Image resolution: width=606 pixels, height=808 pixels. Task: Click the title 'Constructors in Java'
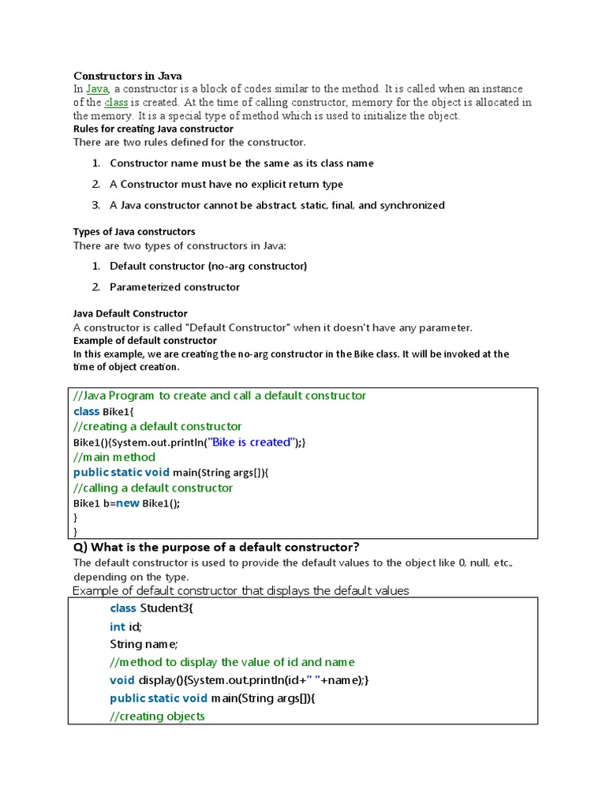[x=128, y=76]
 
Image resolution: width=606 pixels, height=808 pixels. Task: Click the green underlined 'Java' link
[x=97, y=89]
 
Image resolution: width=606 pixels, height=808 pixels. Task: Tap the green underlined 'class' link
[x=116, y=103]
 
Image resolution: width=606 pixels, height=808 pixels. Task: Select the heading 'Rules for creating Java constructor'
[x=153, y=129]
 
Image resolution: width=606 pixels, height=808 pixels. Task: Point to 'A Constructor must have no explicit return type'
[x=226, y=184]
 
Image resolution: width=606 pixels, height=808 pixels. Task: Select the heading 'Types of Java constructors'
[x=134, y=232]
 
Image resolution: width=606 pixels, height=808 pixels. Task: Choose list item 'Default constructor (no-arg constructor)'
[x=208, y=266]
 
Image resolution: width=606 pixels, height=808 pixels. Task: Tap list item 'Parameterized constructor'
[x=174, y=287]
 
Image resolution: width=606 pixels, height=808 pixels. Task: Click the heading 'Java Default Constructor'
[x=130, y=313]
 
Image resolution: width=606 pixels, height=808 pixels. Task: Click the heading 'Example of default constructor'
[x=145, y=341]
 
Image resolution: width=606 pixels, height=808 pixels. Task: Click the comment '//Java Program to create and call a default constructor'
[x=219, y=395]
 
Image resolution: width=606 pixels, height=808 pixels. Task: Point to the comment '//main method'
[x=114, y=457]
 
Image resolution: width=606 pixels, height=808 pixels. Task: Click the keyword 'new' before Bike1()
[x=128, y=503]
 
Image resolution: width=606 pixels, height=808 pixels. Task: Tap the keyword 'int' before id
[x=118, y=627]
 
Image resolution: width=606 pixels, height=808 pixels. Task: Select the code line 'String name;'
[x=144, y=644]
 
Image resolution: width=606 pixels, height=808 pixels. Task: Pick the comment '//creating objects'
[x=157, y=716]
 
